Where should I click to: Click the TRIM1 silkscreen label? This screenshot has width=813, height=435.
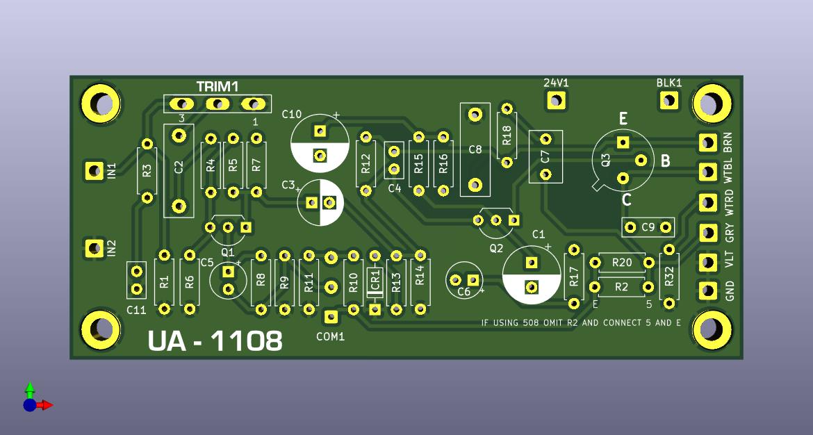[217, 86]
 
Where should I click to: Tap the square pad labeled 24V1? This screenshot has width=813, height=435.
[556, 99]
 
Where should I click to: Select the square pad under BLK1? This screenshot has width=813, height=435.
[668, 99]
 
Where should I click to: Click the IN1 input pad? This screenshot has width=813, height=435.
[95, 170]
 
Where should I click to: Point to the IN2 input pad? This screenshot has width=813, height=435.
[95, 248]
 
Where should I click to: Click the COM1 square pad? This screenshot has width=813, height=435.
[330, 316]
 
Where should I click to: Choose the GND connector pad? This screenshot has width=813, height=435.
[708, 291]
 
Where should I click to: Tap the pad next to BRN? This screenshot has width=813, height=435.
[708, 142]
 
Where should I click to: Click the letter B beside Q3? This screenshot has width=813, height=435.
[665, 161]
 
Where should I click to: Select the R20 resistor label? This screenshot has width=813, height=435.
[622, 263]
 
